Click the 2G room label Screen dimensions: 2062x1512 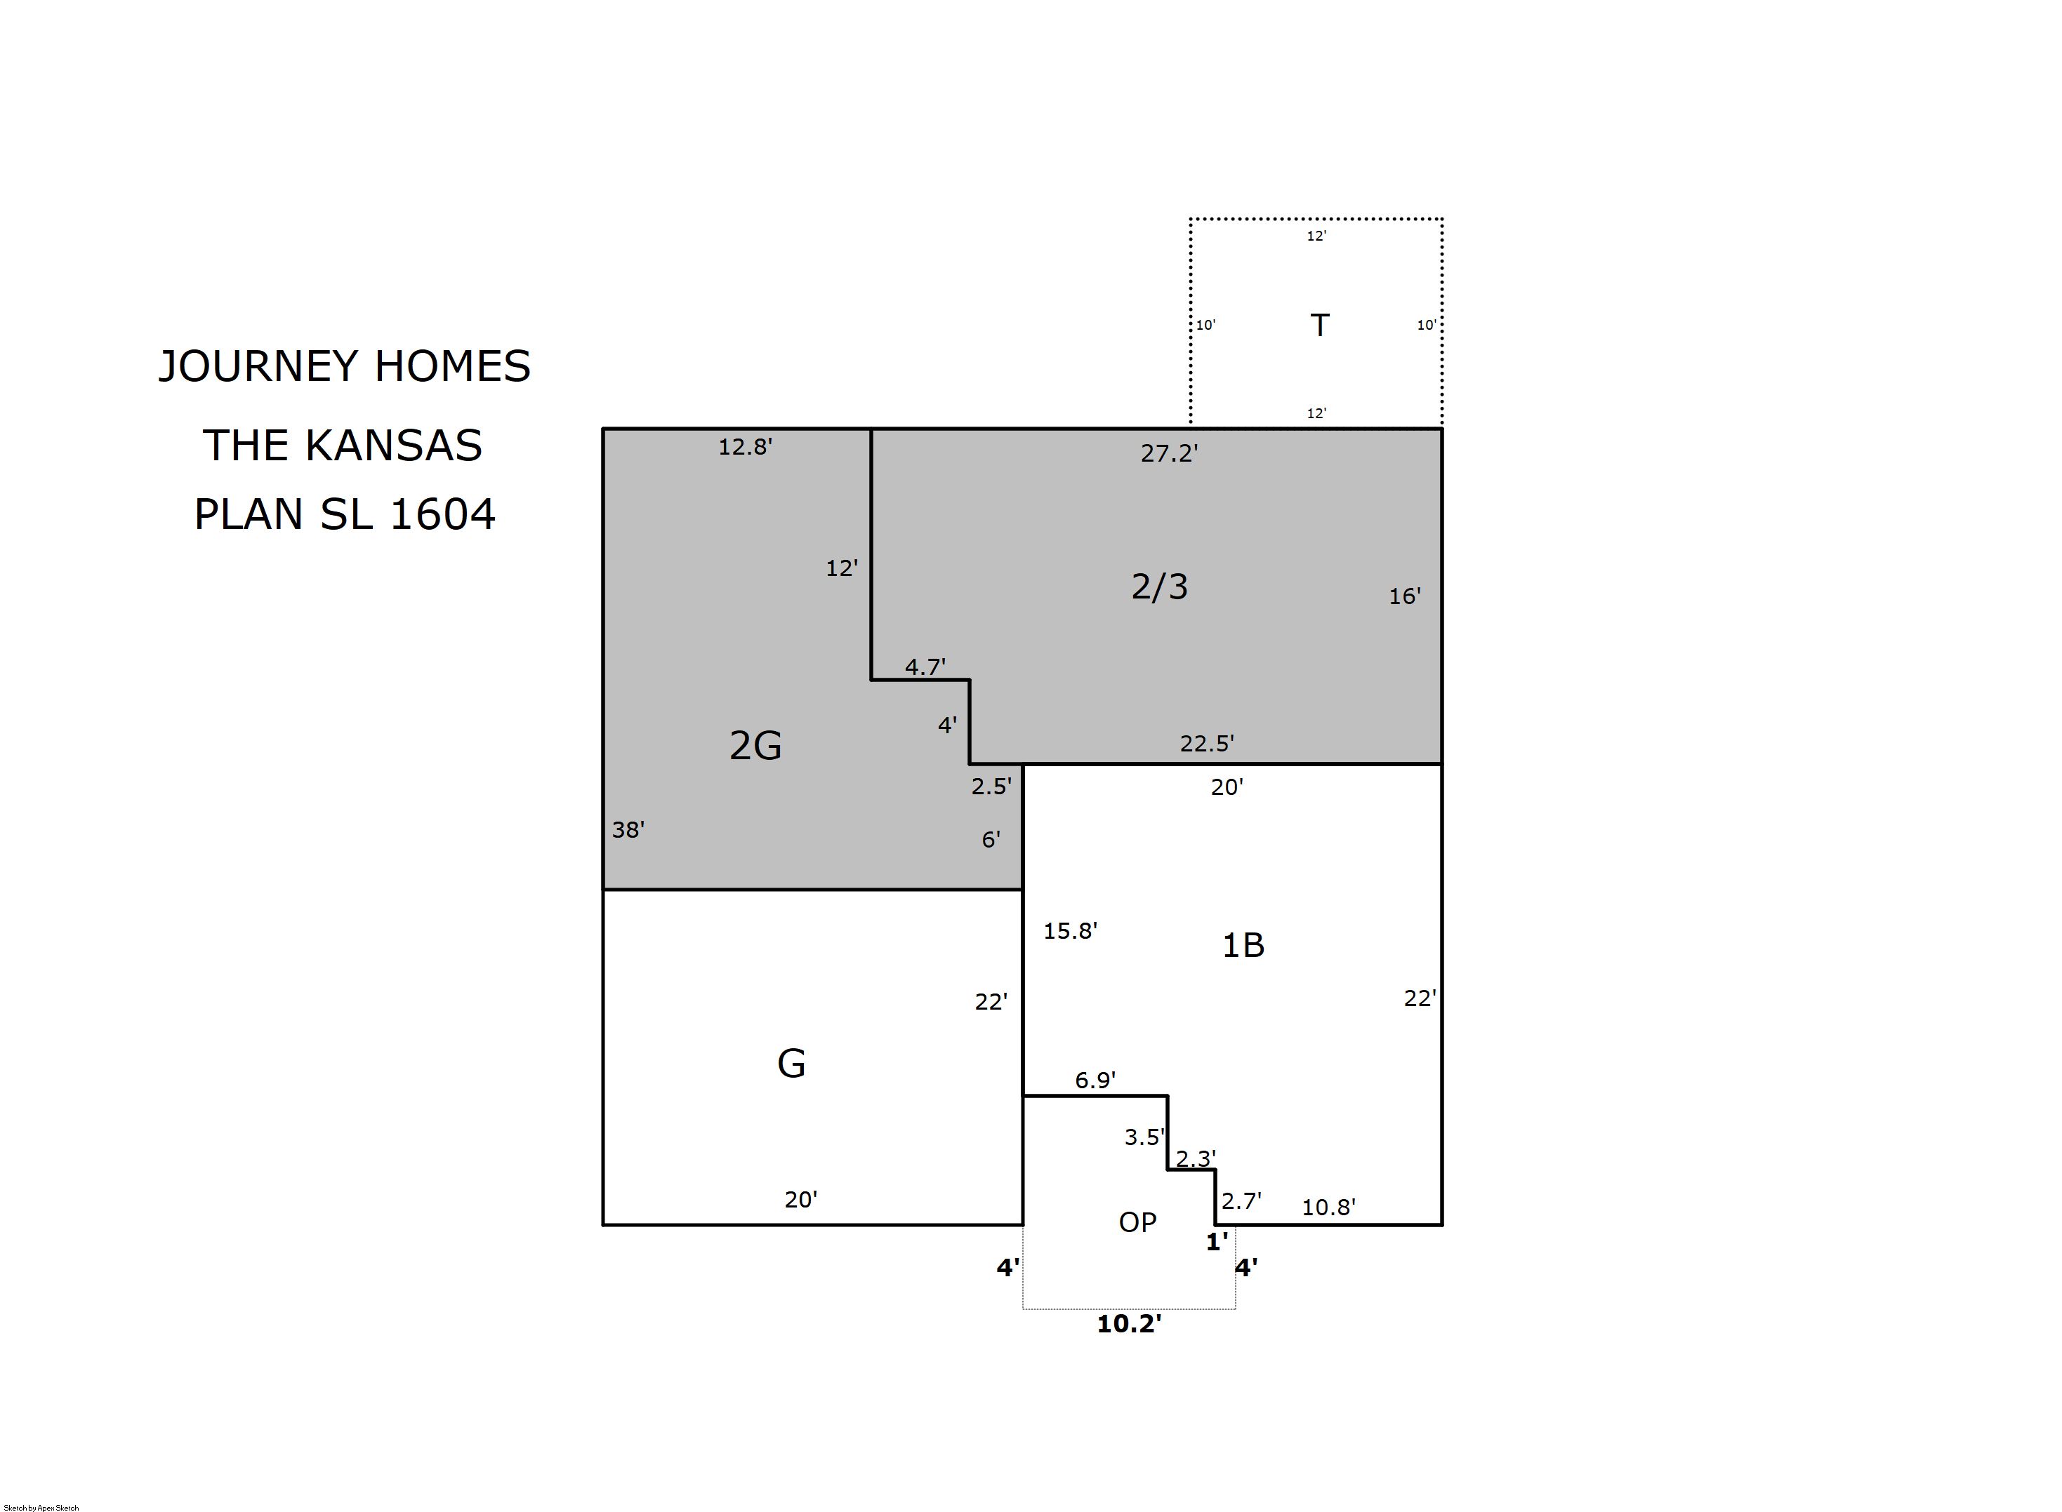click(x=755, y=745)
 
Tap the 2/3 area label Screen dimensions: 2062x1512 click(x=1159, y=586)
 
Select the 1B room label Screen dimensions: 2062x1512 click(x=1243, y=944)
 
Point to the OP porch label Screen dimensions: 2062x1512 click(x=1137, y=1222)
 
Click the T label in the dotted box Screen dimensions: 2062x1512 click(x=1319, y=325)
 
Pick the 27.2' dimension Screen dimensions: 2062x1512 click(x=1169, y=453)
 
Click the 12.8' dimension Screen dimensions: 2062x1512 click(x=746, y=447)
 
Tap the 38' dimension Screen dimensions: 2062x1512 click(x=628, y=829)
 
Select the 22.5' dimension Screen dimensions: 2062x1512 click(x=1207, y=743)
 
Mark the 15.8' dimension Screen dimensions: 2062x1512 click(x=1071, y=931)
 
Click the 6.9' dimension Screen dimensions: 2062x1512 click(x=1095, y=1080)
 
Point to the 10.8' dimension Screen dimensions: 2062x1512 click(x=1328, y=1207)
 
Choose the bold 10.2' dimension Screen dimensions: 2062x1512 click(x=1129, y=1323)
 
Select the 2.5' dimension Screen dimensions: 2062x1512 click(x=991, y=787)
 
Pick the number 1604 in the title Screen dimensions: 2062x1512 click(x=442, y=514)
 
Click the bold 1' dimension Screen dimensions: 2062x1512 click(x=1217, y=1242)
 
